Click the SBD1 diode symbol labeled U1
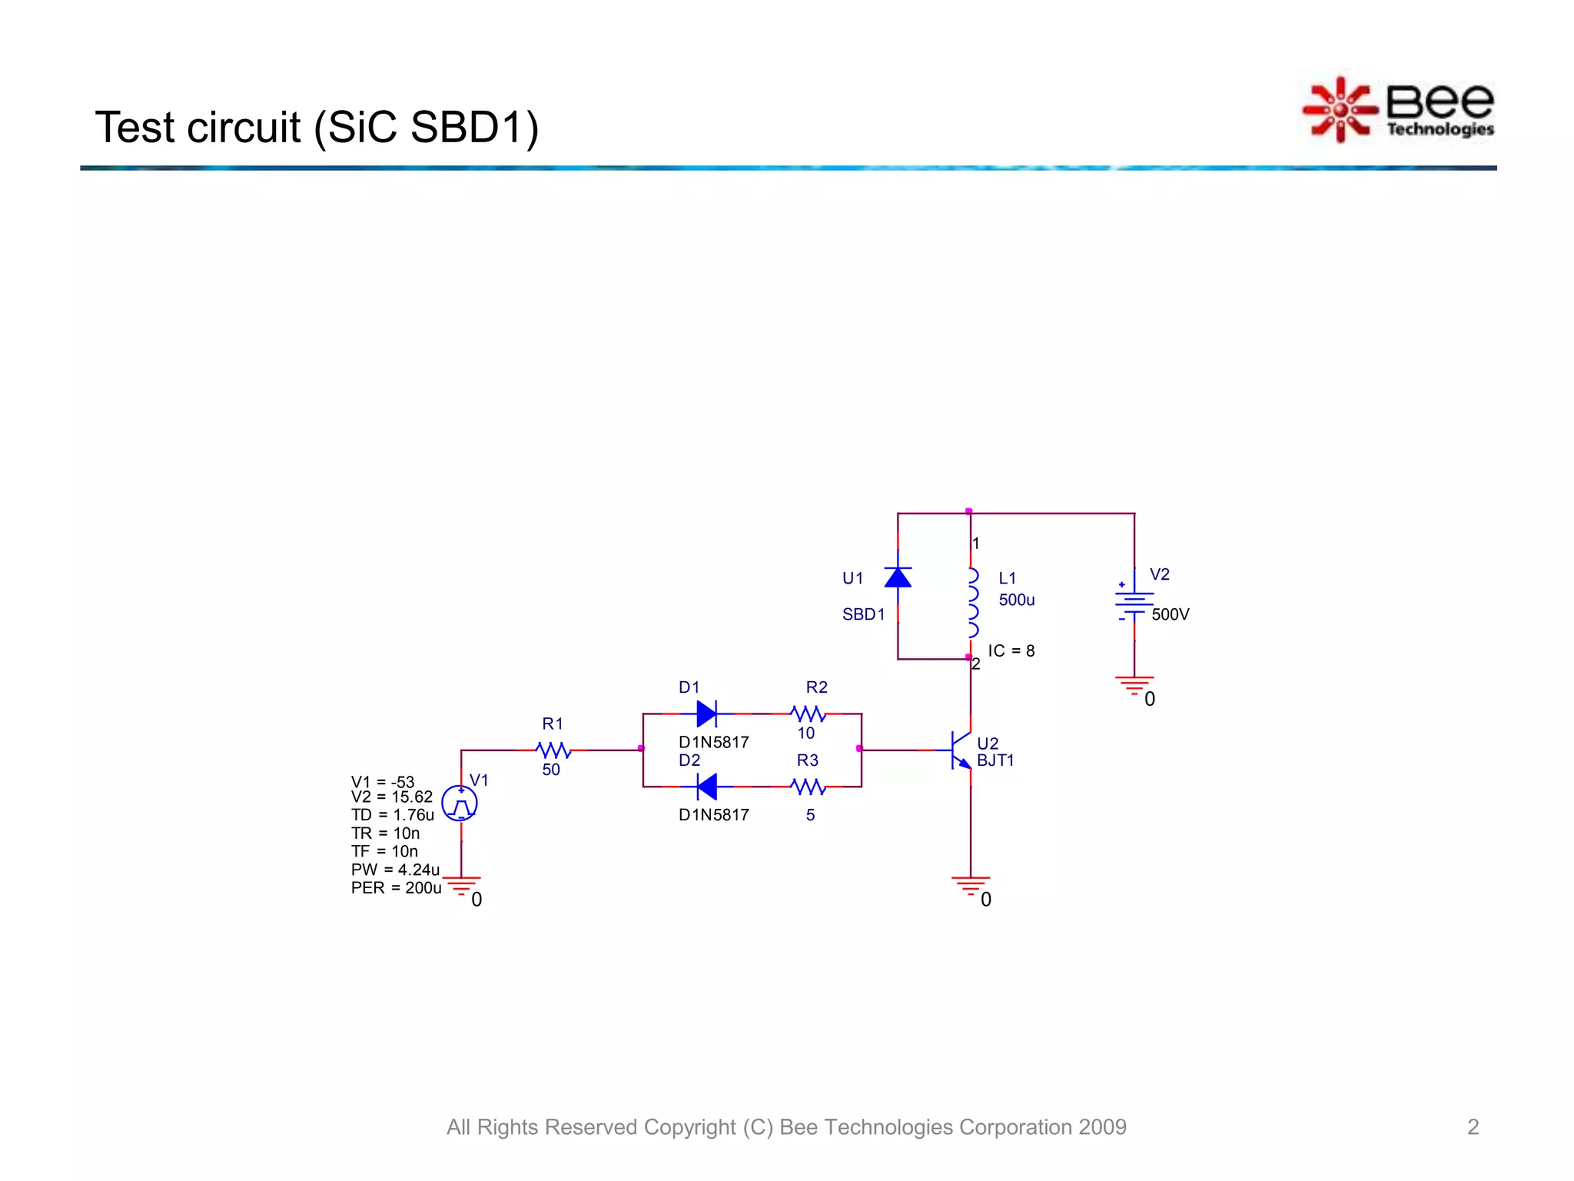point(898,577)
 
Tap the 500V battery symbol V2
point(1134,603)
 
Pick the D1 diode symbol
point(707,714)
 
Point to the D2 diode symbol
point(707,787)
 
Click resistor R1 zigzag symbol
point(553,750)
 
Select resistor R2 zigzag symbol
point(809,714)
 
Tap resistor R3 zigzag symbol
point(809,787)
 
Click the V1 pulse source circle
point(460,803)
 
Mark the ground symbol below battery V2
point(1134,685)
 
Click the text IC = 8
point(1011,651)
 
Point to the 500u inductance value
point(1016,600)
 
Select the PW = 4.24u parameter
point(395,870)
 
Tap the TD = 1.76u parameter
point(392,815)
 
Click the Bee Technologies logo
point(1399,110)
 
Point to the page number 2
point(1473,1127)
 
